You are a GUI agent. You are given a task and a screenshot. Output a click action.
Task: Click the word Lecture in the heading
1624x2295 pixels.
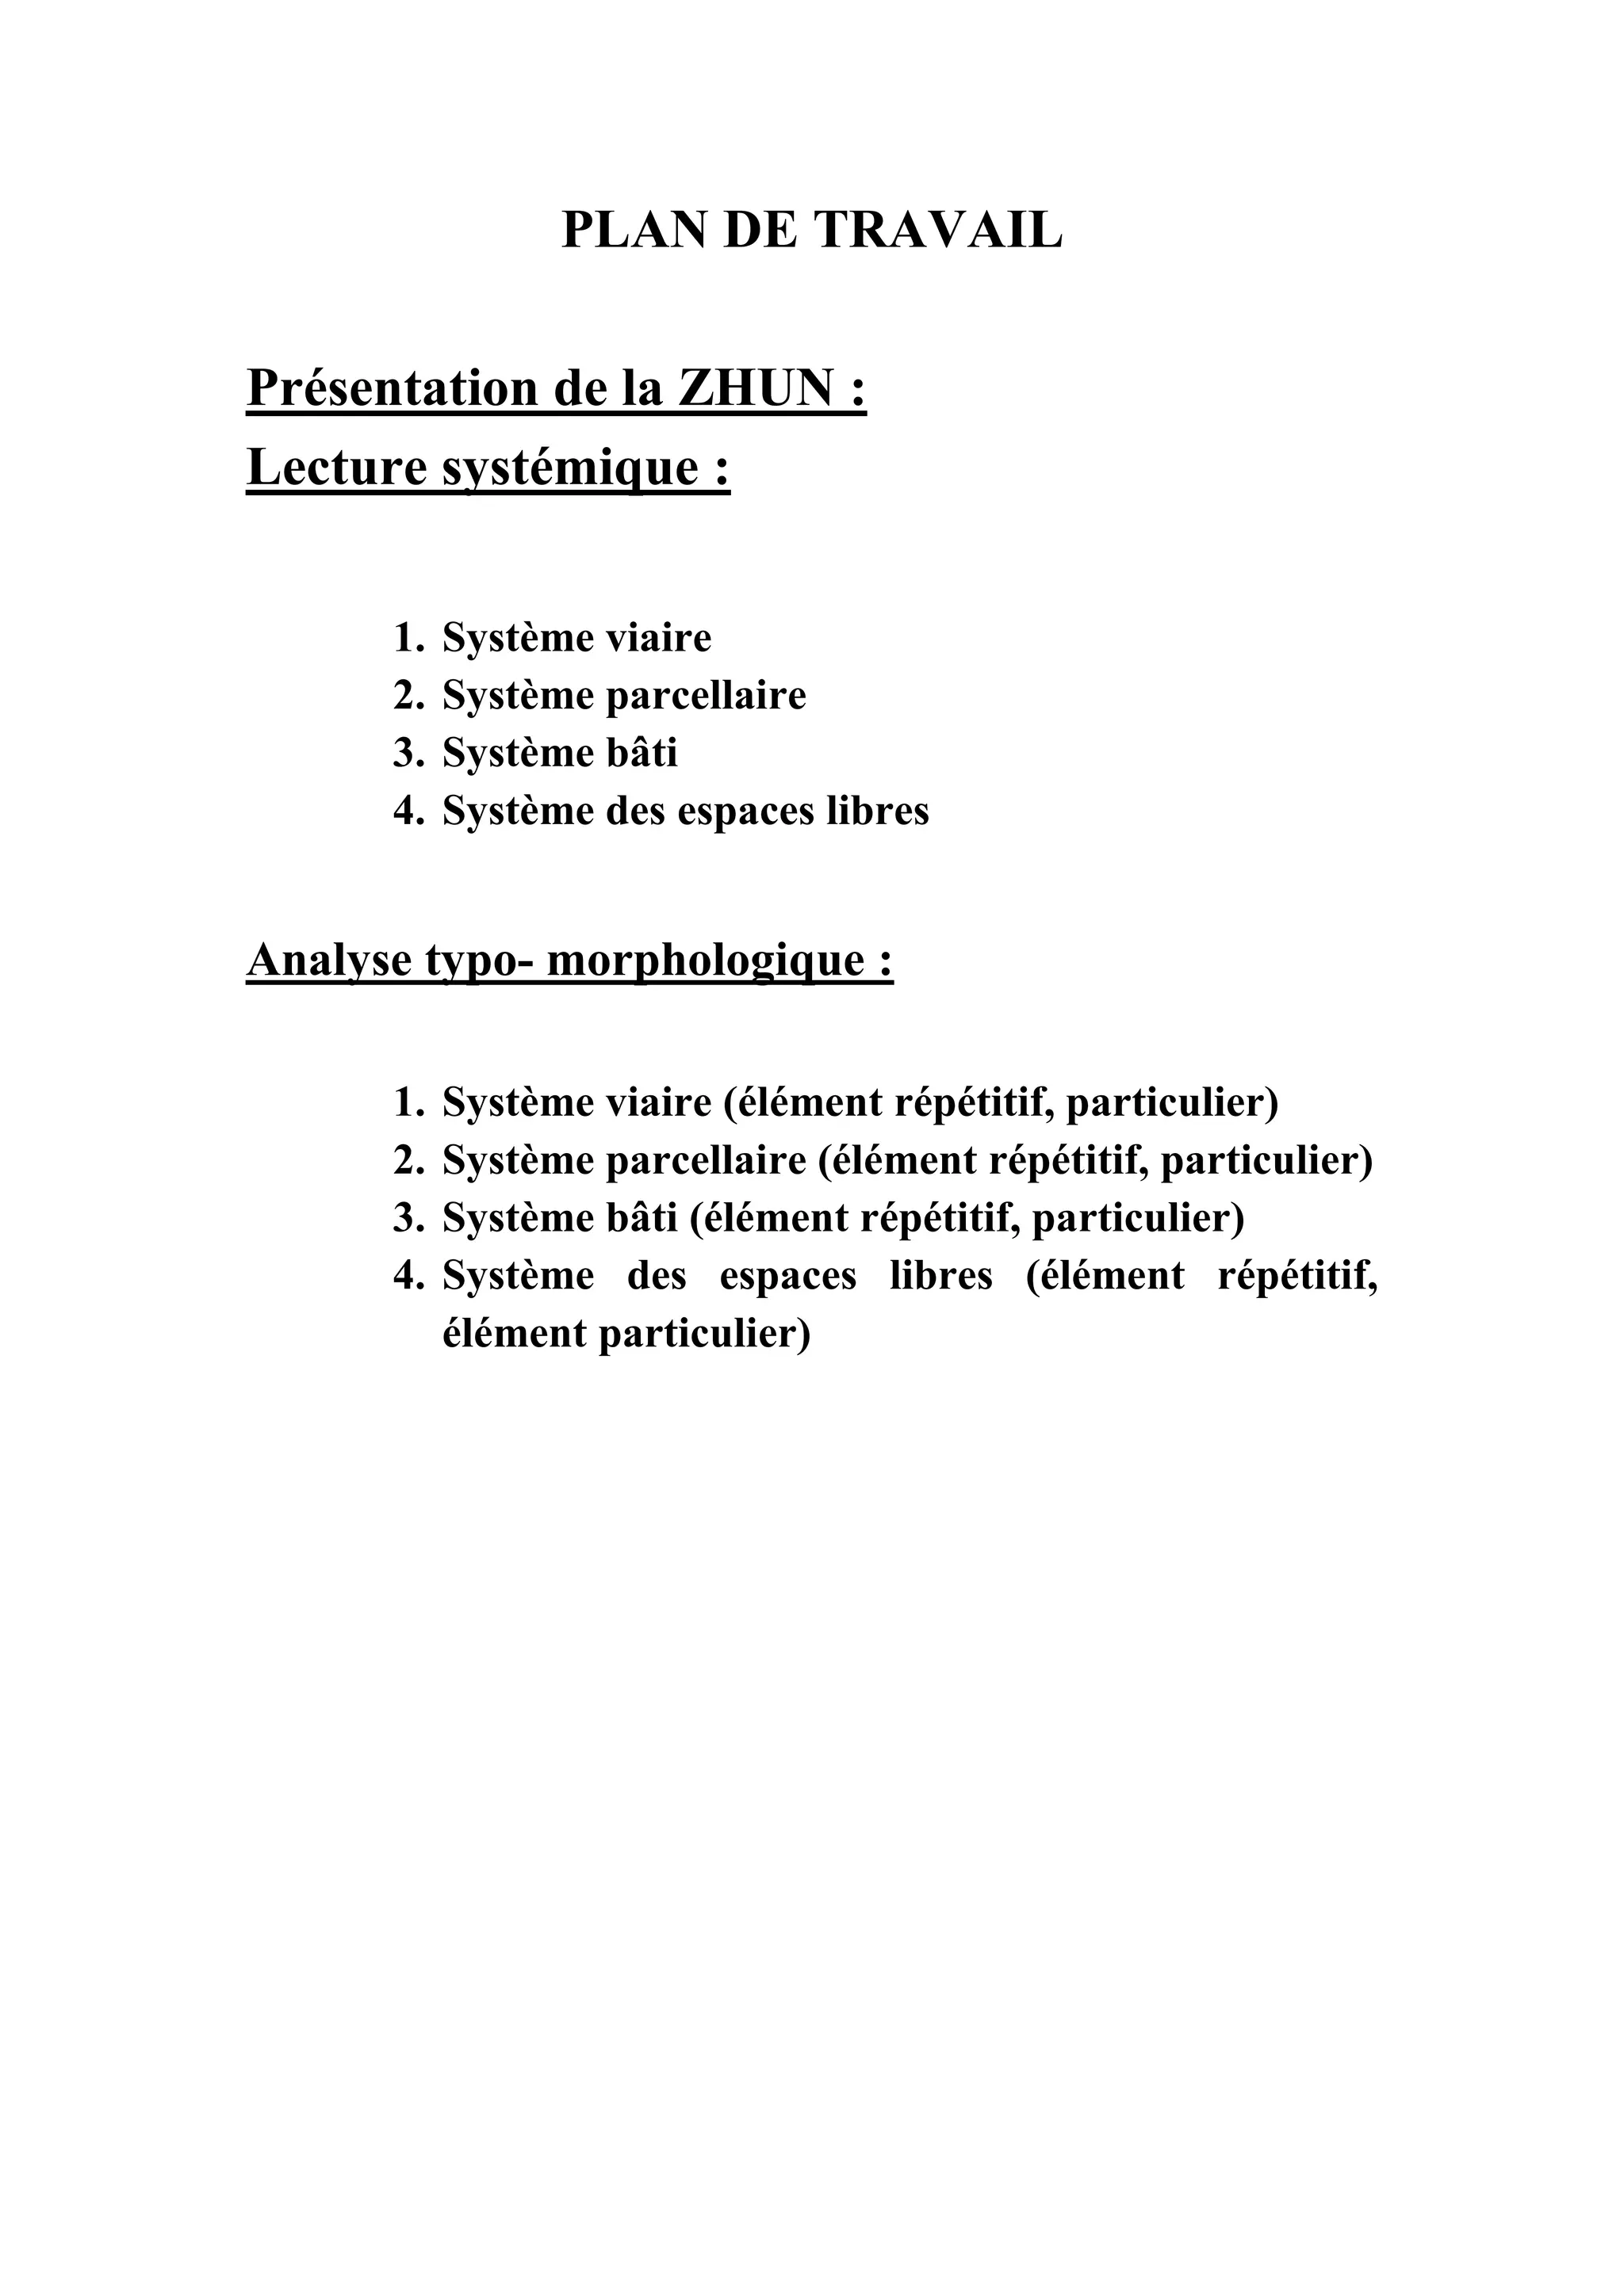click(x=335, y=468)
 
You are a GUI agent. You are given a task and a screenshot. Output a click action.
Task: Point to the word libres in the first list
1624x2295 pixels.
click(x=877, y=811)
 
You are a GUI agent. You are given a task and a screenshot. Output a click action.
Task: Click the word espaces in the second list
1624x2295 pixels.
click(x=788, y=1277)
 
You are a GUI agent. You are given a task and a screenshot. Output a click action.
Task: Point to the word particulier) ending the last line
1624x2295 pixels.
click(x=704, y=1335)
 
